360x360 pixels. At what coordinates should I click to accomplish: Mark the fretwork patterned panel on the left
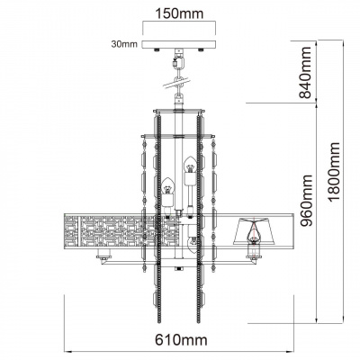(x=99, y=230)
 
